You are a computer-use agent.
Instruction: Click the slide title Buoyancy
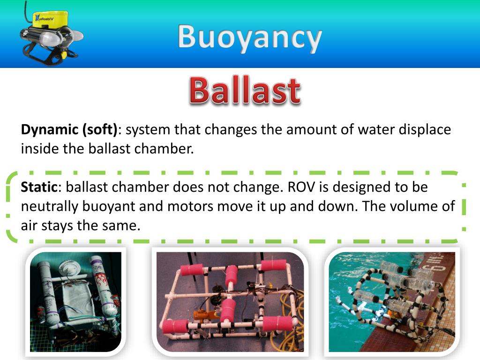point(250,37)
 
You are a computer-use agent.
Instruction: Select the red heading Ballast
point(244,91)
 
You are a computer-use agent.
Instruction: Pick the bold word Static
point(39,187)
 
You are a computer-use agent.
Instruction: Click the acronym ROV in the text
point(300,187)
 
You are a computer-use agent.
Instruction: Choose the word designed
point(360,187)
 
